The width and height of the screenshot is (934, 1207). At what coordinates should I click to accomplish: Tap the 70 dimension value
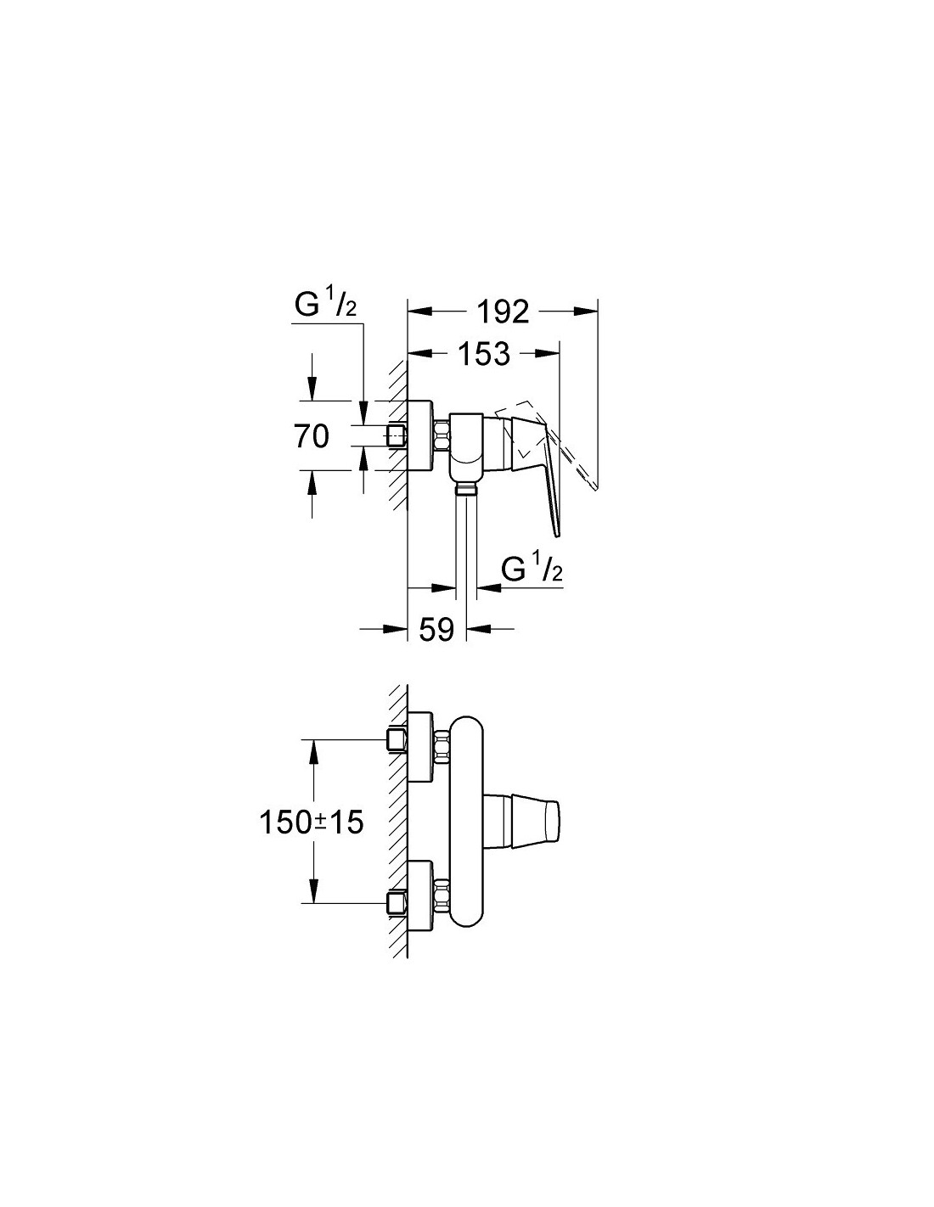[x=312, y=437]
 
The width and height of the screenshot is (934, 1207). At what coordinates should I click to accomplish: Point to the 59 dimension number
[x=437, y=629]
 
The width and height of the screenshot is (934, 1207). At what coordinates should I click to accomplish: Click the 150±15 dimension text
[x=312, y=822]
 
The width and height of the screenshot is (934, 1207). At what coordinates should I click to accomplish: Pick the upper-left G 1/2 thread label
[x=325, y=307]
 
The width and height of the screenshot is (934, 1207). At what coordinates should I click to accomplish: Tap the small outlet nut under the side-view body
[x=464, y=487]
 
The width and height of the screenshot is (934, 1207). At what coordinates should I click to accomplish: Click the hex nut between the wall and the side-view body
[x=441, y=437]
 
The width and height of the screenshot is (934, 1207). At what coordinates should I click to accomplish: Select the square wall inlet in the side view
[x=397, y=436]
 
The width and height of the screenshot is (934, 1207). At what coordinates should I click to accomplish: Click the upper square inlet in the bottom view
[x=396, y=740]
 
